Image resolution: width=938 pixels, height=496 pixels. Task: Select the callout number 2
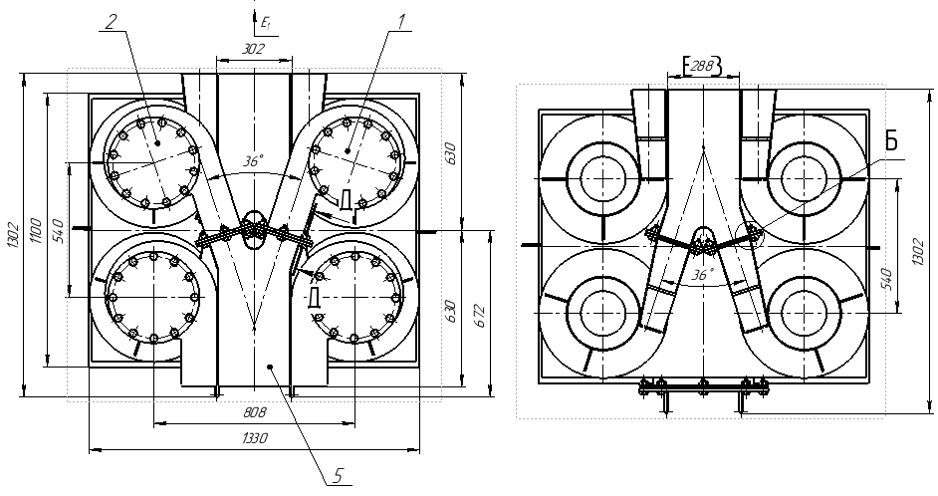113,20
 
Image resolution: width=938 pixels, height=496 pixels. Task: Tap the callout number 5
339,475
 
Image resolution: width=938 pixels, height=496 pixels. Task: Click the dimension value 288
702,66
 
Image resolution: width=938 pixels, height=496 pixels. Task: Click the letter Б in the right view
891,141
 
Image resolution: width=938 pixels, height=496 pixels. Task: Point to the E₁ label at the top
265,19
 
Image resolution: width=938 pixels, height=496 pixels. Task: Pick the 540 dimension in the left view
58,229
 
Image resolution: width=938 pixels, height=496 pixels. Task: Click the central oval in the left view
252,222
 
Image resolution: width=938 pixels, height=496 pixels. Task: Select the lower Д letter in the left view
314,298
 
